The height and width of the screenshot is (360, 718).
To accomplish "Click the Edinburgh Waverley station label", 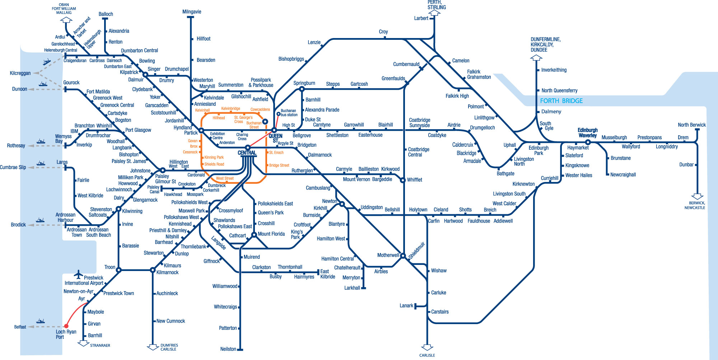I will (587, 132).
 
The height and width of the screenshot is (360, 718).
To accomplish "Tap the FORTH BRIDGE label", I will (561, 101).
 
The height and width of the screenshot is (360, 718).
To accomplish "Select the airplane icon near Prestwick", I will (78, 275).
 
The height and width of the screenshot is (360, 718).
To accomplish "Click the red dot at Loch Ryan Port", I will (66, 326).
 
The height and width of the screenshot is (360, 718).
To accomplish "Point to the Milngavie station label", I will (192, 12).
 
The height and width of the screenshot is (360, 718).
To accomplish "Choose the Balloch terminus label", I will (106, 14).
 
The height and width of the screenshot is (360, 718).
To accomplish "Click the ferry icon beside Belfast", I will (40, 321).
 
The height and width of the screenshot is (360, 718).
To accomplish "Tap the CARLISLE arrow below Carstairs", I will (427, 347).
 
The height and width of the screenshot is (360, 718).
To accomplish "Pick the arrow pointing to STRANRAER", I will (84, 343).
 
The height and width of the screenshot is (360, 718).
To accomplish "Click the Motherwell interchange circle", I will (403, 256).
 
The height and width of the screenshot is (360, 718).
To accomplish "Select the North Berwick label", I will (691, 125).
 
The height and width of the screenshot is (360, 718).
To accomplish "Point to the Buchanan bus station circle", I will (278, 114).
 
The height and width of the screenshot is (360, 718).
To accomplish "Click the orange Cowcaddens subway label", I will (260, 109).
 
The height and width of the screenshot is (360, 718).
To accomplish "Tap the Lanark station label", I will (406, 305).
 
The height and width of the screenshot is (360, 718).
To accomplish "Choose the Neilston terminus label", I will (228, 349).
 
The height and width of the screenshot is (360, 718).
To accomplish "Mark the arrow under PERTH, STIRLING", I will (434, 13).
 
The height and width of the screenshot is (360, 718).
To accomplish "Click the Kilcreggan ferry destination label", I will (20, 73).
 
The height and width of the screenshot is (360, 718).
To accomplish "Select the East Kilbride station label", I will (327, 274).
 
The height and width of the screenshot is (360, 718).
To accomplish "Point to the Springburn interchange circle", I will (302, 89).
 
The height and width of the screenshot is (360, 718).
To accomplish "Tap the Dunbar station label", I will (686, 165).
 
